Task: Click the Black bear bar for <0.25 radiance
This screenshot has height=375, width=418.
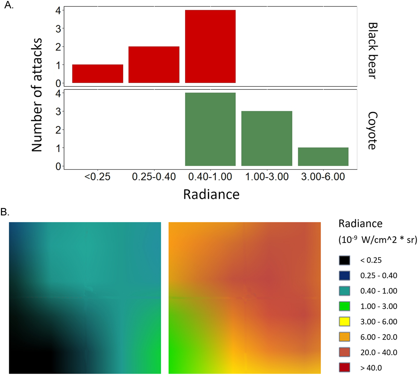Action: pyautogui.click(x=98, y=74)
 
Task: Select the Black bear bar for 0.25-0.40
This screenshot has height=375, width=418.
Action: pyautogui.click(x=154, y=65)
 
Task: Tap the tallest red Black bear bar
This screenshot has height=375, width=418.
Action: pyautogui.click(x=210, y=47)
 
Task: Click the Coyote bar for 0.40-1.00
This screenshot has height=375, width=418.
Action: pyautogui.click(x=210, y=129)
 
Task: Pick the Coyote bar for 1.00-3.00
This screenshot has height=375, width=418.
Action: pyautogui.click(x=267, y=138)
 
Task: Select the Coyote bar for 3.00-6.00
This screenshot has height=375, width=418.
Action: pyautogui.click(x=323, y=156)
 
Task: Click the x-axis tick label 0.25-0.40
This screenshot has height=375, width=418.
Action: pyautogui.click(x=154, y=176)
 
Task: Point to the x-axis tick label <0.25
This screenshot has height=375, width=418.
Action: pyautogui.click(x=97, y=176)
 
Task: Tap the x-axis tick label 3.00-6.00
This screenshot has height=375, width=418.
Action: pyautogui.click(x=323, y=176)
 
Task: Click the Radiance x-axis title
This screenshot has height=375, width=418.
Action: pyautogui.click(x=211, y=194)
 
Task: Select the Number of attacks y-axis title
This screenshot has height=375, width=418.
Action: pyautogui.click(x=37, y=95)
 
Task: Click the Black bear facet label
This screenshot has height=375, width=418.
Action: pyautogui.click(x=372, y=51)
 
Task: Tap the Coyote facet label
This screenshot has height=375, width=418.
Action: pyautogui.click(x=372, y=131)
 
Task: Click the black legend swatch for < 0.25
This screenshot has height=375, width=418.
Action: pyautogui.click(x=344, y=260)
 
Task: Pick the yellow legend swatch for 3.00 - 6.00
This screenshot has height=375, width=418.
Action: pyautogui.click(x=344, y=322)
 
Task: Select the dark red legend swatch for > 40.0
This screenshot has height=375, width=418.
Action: pyautogui.click(x=344, y=368)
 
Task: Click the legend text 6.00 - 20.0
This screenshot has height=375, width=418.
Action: pyautogui.click(x=379, y=337)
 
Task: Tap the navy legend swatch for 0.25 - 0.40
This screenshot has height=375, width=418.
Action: pyautogui.click(x=344, y=276)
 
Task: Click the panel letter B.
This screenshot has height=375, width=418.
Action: pyautogui.click(x=5, y=212)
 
